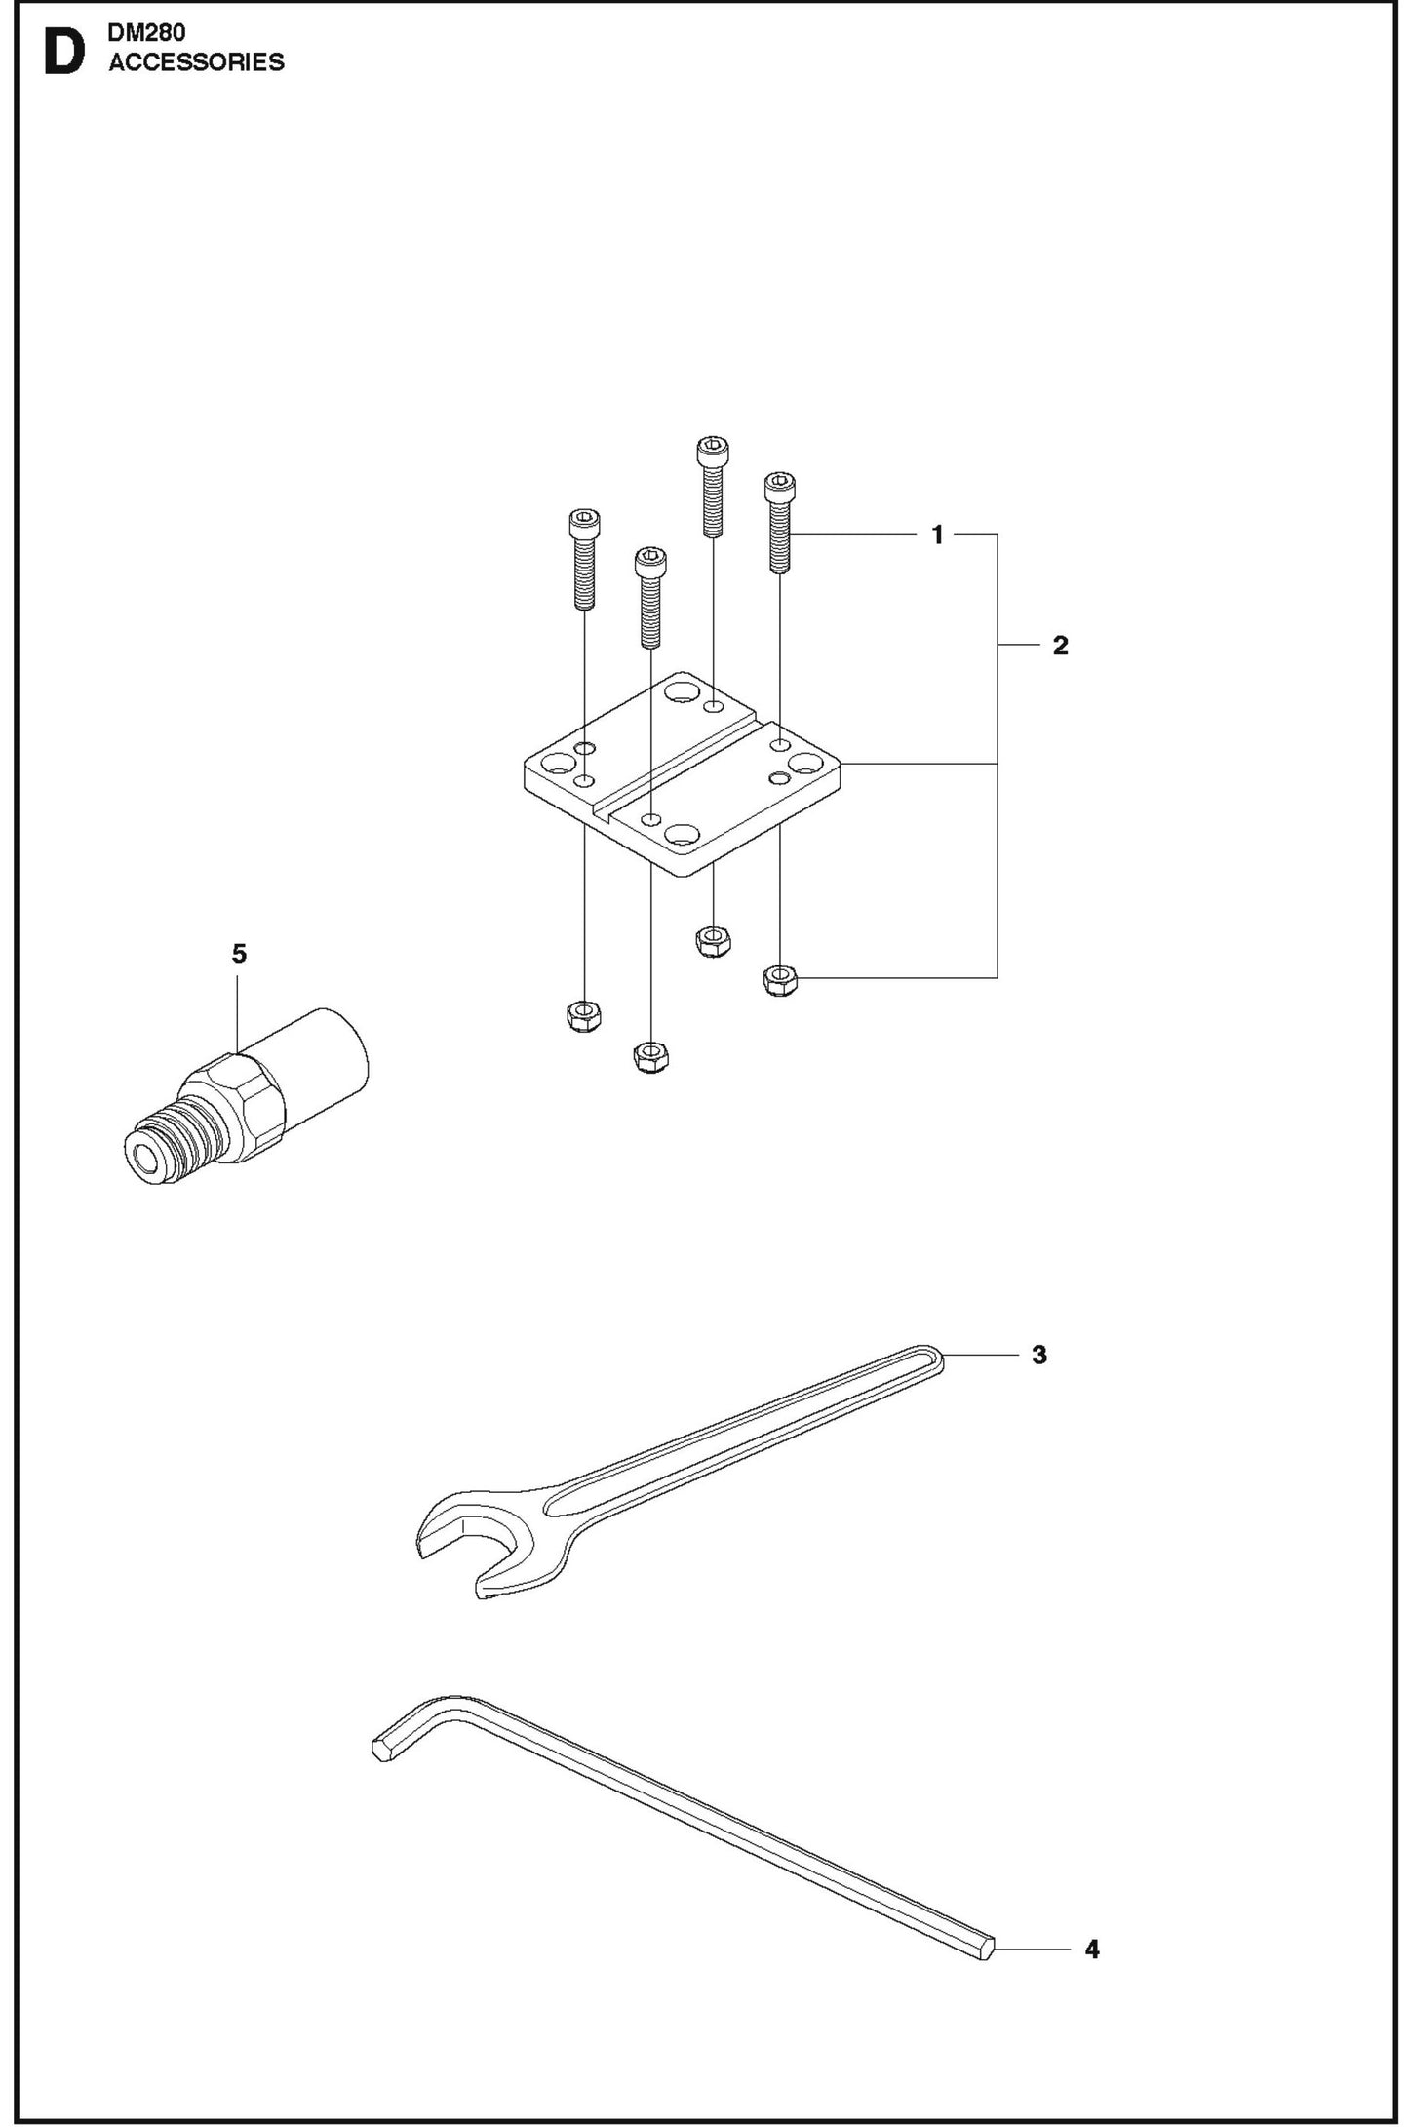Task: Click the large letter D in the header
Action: pyautogui.click(x=64, y=56)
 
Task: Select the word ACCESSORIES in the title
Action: pyautogui.click(x=196, y=62)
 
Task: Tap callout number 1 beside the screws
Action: pyautogui.click(x=937, y=534)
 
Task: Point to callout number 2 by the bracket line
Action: pyautogui.click(x=1060, y=645)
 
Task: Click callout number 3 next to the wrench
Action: pyautogui.click(x=1038, y=1355)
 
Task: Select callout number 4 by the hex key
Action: pyautogui.click(x=1091, y=1950)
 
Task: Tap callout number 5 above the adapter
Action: pyautogui.click(x=239, y=954)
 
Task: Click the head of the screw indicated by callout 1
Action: pyautogui.click(x=778, y=485)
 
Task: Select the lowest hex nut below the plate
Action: pyautogui.click(x=648, y=1056)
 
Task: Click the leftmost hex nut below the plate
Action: pyautogui.click(x=583, y=1017)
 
